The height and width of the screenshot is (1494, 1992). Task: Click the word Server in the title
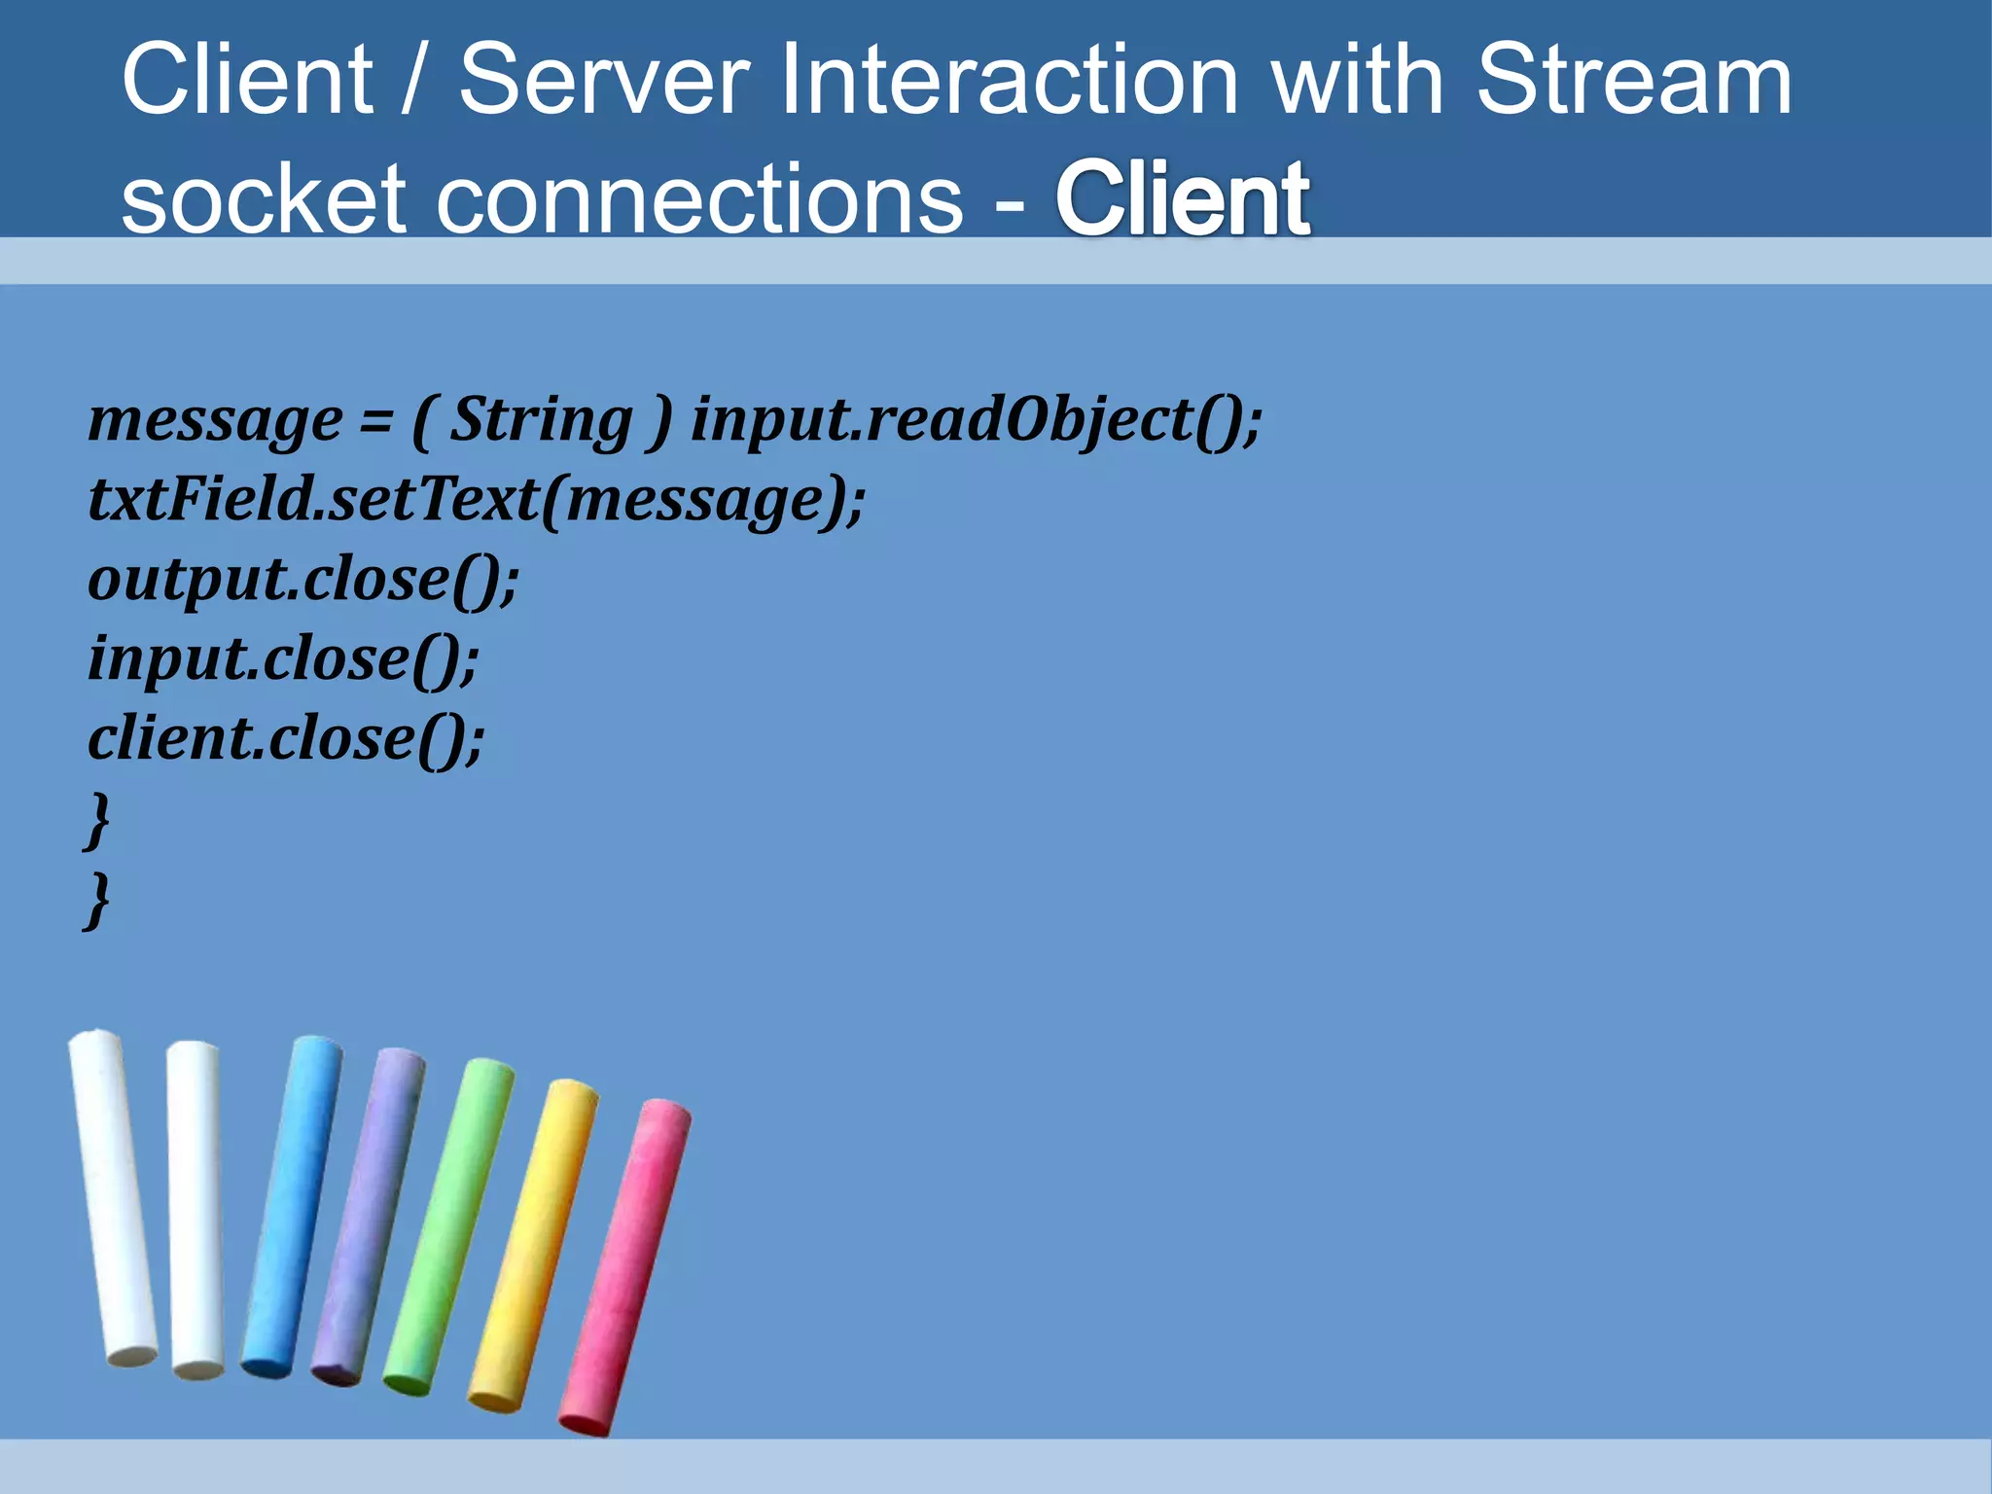tap(604, 80)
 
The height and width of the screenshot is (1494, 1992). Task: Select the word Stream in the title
tap(1633, 80)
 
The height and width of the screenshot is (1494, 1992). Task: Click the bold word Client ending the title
tap(1182, 199)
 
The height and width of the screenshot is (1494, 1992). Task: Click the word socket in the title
tap(263, 199)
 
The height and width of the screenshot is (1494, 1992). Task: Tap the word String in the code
tap(542, 420)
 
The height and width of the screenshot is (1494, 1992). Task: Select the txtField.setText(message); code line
tap(476, 500)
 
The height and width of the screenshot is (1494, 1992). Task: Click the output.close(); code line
tap(303, 580)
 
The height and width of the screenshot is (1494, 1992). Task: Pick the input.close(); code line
tap(283, 659)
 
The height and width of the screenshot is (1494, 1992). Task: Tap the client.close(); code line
tap(286, 739)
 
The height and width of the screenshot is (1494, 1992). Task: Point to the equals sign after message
tap(375, 422)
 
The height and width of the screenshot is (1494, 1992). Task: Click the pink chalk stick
tap(625, 1264)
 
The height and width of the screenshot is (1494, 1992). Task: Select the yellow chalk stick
tap(534, 1245)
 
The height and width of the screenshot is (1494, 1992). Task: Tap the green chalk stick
tap(449, 1226)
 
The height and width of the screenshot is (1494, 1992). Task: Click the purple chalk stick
tap(369, 1216)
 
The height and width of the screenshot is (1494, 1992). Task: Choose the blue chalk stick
tap(292, 1206)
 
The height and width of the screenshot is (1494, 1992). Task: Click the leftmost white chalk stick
tap(112, 1196)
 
